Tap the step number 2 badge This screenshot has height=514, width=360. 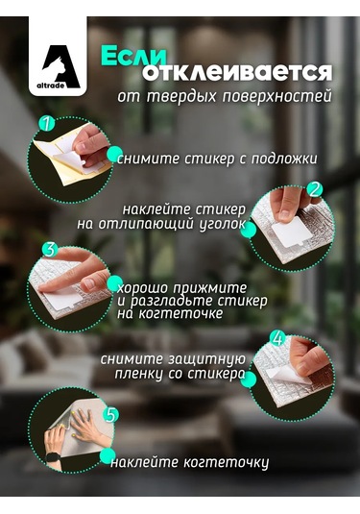tap(313, 190)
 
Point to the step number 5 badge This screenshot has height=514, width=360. tap(110, 415)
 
